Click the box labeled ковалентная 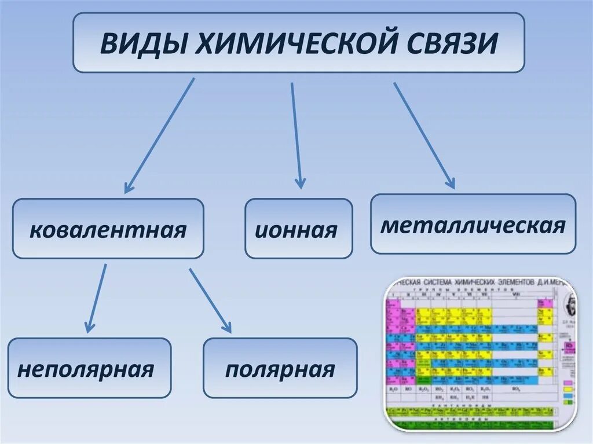[108, 229]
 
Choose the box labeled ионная [298, 229]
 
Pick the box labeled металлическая [473, 224]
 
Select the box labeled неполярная [89, 368]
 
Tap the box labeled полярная [280, 368]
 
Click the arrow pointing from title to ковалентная [159, 135]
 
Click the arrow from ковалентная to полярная [210, 300]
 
